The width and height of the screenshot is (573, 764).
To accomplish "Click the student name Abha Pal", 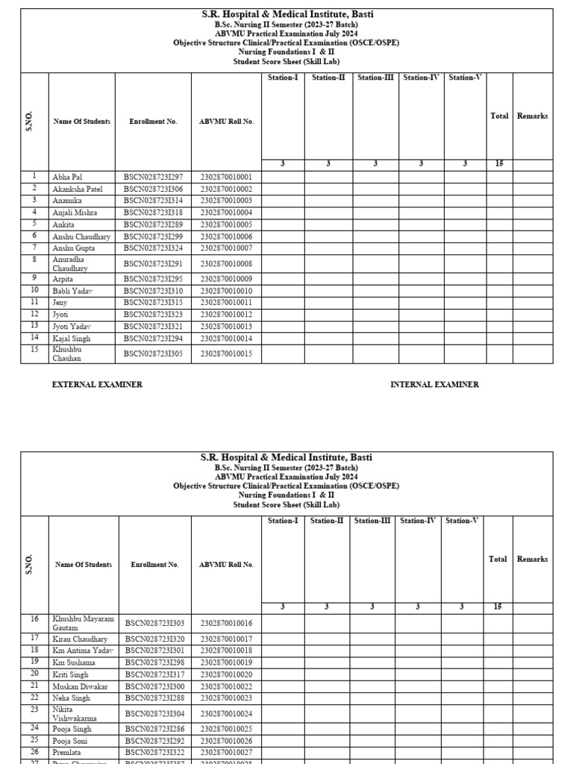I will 67,177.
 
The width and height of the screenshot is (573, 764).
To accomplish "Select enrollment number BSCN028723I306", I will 153,189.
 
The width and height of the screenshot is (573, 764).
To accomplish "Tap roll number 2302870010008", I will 226,264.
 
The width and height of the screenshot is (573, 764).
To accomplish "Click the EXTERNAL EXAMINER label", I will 96,384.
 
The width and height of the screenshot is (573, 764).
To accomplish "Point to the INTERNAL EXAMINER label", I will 434,384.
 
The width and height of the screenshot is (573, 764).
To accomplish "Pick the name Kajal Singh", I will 72,338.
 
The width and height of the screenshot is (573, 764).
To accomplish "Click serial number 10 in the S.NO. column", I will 34,290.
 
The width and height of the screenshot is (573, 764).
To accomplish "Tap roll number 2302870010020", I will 226,674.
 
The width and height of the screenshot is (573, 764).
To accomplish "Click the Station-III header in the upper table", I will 375,78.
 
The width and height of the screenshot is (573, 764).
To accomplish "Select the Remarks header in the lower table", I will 532,559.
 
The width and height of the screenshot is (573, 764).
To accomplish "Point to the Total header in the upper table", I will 499,116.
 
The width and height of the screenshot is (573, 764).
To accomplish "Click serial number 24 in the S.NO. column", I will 34,727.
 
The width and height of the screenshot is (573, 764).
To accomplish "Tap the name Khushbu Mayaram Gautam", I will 83,623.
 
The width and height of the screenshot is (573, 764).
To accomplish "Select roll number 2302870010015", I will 226,354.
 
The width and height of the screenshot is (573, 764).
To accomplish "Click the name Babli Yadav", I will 73,290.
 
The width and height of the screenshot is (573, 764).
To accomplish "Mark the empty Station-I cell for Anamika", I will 283,201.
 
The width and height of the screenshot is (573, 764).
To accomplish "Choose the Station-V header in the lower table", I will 462,521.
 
